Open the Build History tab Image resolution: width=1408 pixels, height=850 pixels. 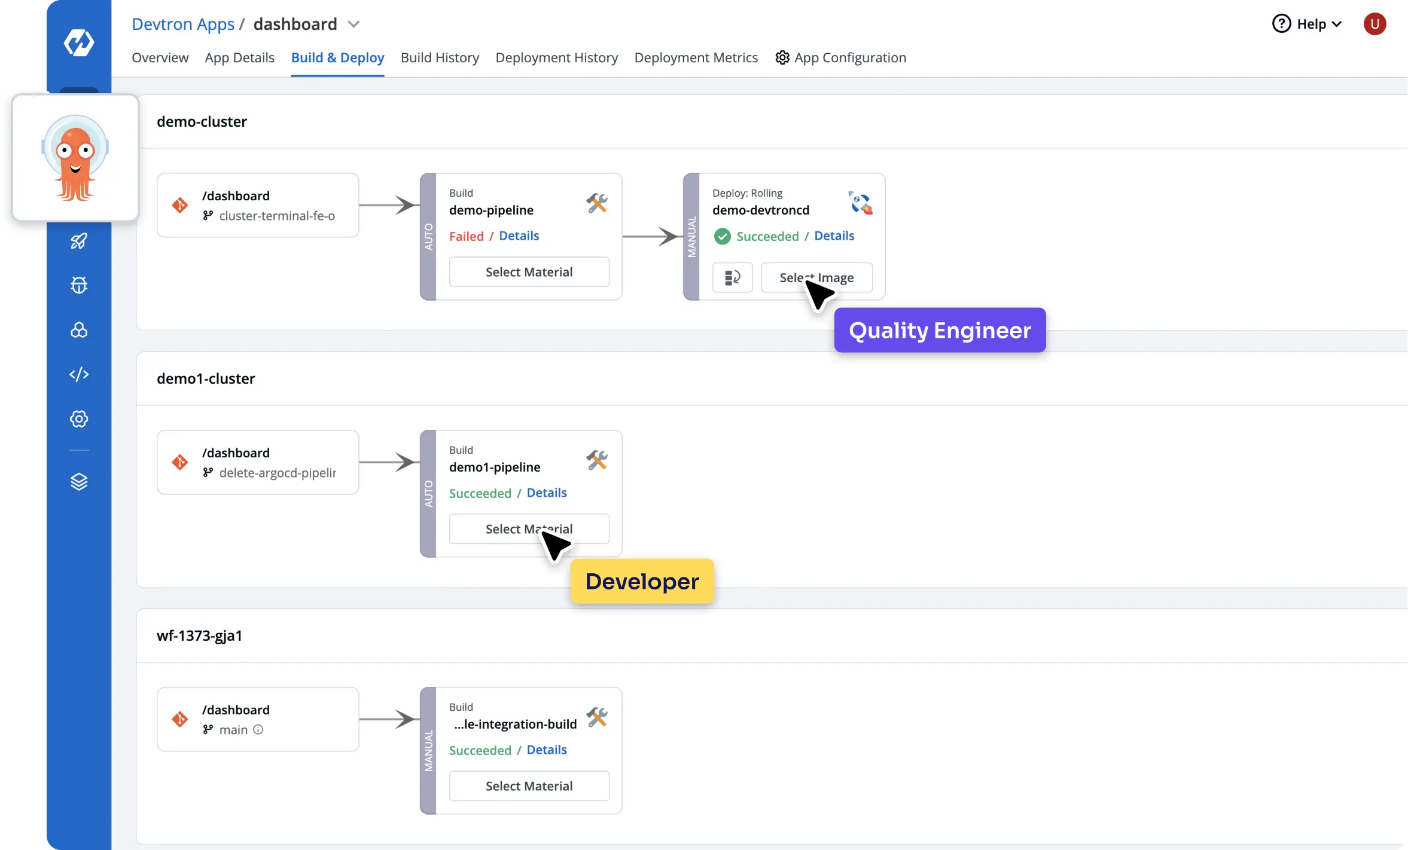[440, 57]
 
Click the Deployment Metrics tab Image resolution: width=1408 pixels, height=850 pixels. [696, 57]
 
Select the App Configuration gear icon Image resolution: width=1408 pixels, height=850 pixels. [782, 57]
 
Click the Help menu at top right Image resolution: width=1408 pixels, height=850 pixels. [1307, 24]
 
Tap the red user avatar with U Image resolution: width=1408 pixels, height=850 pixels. [1374, 24]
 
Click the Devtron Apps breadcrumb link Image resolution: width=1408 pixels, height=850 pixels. [183, 24]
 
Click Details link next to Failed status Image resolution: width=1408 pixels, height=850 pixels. [519, 236]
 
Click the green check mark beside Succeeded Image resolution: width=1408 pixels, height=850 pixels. [722, 236]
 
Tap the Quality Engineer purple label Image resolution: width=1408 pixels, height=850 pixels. [939, 330]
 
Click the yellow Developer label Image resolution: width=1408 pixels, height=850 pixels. [642, 581]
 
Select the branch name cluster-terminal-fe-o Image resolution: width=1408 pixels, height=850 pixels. [277, 216]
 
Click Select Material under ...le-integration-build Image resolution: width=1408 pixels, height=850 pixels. [529, 785]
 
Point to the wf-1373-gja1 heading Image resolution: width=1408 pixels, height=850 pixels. [199, 635]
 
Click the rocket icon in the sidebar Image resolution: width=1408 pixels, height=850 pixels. [79, 241]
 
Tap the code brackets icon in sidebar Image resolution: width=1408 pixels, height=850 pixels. [79, 374]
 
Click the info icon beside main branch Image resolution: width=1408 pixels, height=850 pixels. [258, 729]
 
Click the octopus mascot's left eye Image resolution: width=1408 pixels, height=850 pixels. [65, 150]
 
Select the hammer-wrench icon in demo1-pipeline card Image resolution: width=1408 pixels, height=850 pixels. [596, 460]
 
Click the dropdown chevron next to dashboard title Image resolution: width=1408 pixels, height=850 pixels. [353, 24]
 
